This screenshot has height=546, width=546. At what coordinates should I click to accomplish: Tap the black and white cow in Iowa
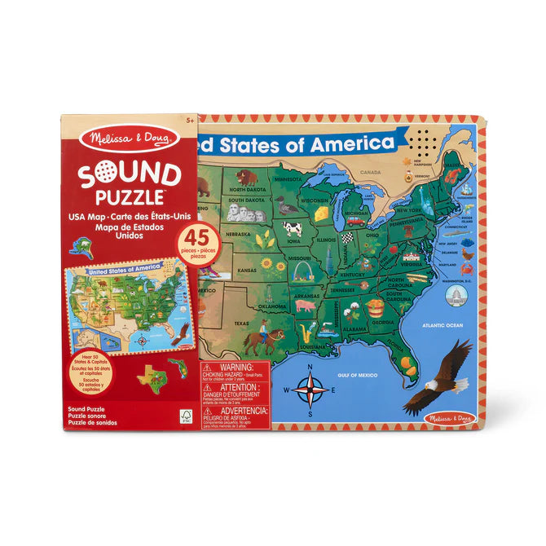pos(292,229)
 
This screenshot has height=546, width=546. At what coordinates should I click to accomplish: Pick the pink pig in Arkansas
pos(306,306)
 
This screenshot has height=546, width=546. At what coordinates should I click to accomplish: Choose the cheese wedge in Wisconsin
pos(323,212)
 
